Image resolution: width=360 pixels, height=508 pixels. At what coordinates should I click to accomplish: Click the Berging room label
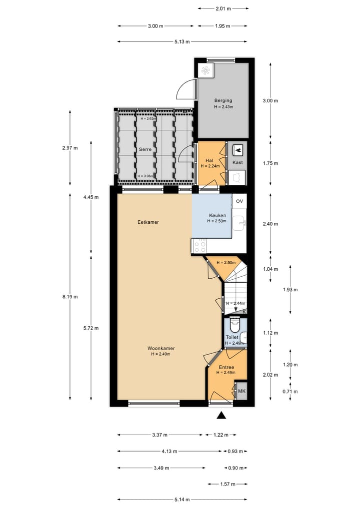(223, 100)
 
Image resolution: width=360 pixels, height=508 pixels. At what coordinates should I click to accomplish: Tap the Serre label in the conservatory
(145, 149)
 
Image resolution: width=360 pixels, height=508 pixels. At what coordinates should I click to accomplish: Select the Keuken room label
(217, 215)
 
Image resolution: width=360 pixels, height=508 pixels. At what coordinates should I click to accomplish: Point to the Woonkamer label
(161, 348)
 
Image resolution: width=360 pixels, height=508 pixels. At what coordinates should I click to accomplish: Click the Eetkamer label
(148, 222)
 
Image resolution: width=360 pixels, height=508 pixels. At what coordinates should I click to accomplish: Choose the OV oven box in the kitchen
(239, 201)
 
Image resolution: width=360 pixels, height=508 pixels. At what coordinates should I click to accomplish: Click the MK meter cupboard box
(241, 391)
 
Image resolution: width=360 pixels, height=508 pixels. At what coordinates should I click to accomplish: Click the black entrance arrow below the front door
(221, 415)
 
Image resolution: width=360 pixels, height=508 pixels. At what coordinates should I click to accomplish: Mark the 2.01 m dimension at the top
(223, 8)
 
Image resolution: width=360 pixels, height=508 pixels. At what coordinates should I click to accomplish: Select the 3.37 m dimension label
(160, 435)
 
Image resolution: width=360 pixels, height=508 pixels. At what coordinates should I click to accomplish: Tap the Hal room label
(210, 160)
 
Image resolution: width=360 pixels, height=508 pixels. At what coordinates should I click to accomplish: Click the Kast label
(238, 163)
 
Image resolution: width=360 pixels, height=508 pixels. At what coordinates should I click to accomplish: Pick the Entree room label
(225, 367)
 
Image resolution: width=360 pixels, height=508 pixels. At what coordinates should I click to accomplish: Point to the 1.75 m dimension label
(270, 163)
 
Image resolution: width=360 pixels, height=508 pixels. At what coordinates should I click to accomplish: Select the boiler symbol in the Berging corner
(205, 71)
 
